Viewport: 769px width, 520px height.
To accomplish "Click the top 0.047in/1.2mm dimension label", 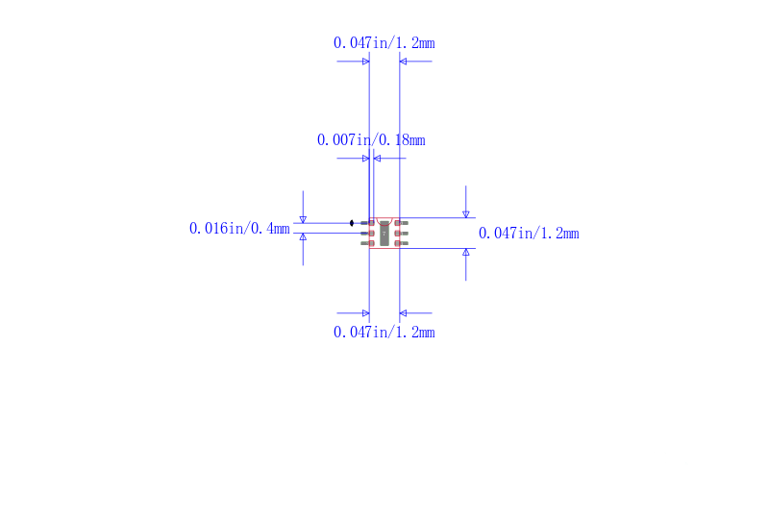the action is [x=384, y=43].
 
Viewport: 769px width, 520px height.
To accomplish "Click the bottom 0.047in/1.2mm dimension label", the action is [x=384, y=333].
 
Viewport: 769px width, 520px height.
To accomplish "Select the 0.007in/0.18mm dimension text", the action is [x=371, y=140].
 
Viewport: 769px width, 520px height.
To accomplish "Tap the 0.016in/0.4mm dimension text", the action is [x=239, y=229].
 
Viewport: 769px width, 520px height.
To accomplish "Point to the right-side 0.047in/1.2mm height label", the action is [x=529, y=234].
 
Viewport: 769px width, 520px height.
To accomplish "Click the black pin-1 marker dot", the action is [x=352, y=223].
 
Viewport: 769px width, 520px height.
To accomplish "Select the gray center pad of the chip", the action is [x=384, y=234].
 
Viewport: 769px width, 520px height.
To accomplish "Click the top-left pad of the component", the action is [x=367, y=223].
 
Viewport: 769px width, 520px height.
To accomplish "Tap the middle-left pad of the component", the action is [x=367, y=234].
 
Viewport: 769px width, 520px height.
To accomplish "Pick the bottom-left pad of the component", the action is [x=367, y=243].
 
